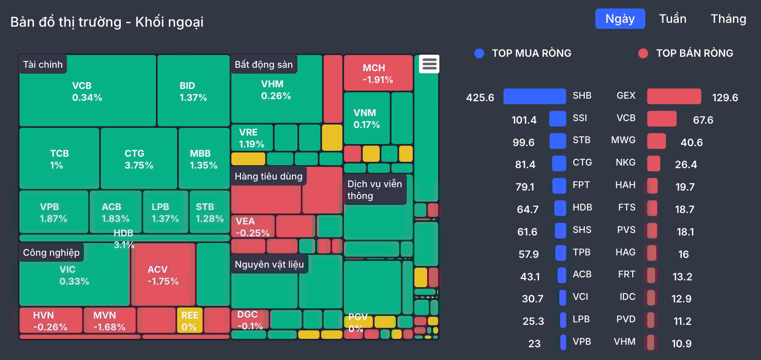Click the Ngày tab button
pyautogui.click(x=620, y=19)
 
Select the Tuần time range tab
pyautogui.click(x=672, y=19)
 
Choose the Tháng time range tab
pyautogui.click(x=728, y=19)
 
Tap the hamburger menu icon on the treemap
pyautogui.click(x=429, y=64)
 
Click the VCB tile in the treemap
pyautogui.click(x=87, y=91)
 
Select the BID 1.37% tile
pyautogui.click(x=193, y=91)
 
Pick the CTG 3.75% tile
pyautogui.click(x=139, y=159)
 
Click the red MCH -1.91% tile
pyautogui.click(x=378, y=73)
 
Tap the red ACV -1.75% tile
pyautogui.click(x=163, y=275)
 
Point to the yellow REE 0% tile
pyautogui.click(x=189, y=321)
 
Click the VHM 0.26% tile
pyautogui.click(x=276, y=90)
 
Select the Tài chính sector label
pyautogui.click(x=43, y=64)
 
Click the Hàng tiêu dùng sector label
pyautogui.click(x=269, y=176)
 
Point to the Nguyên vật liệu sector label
pyautogui.click(x=269, y=264)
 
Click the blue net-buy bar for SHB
pyautogui.click(x=534, y=97)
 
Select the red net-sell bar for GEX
pyautogui.click(x=674, y=97)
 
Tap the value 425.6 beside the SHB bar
pyautogui.click(x=480, y=97)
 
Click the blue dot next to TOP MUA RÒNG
pyautogui.click(x=479, y=53)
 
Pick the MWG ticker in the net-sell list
pyautogui.click(x=623, y=140)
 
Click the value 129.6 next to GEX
pyautogui.click(x=725, y=97)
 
